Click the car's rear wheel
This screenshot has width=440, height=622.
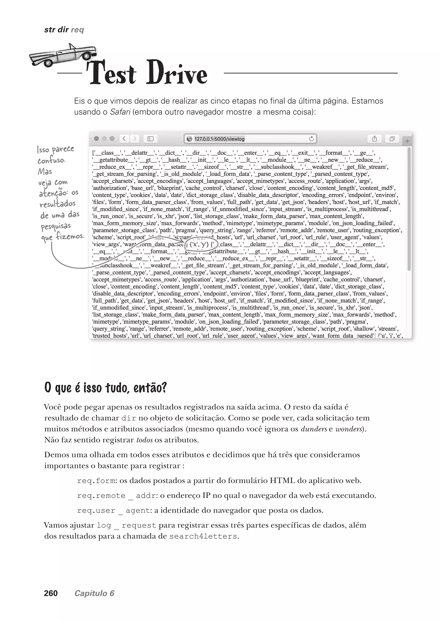coord(86,56)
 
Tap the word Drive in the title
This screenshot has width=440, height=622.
coord(177,73)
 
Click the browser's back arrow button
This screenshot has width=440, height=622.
coord(124,139)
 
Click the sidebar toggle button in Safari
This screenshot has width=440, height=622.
coord(150,139)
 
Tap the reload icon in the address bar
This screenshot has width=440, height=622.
coord(312,139)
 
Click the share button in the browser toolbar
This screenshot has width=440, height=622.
coord(374,139)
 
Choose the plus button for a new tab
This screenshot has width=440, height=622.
coord(407,141)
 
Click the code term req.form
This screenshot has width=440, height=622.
coord(97,481)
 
